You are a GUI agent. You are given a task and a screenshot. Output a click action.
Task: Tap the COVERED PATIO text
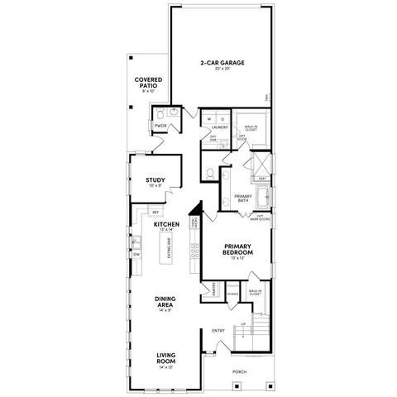148,83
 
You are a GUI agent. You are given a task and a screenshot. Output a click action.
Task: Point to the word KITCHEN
167,224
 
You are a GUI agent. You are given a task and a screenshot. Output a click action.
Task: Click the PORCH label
239,372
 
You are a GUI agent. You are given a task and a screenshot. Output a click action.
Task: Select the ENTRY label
218,331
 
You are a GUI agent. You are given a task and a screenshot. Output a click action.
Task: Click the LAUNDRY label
220,127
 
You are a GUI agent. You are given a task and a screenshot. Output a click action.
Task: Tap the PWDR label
160,126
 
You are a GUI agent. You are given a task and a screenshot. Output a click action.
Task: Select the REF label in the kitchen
155,213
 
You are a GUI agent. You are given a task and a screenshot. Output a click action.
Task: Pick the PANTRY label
213,291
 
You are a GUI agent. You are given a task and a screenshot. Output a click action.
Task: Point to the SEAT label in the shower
262,178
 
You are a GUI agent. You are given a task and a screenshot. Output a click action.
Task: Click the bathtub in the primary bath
263,199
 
